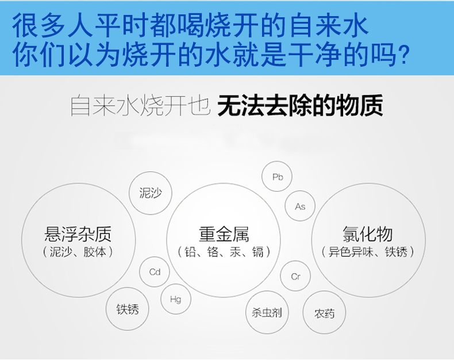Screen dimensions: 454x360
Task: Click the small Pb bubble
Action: pyautogui.click(x=277, y=176)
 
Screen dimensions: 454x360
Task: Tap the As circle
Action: pyautogui.click(x=299, y=206)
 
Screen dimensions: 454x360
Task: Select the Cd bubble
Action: pyautogui.click(x=155, y=272)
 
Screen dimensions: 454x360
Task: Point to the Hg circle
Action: pyautogui.click(x=176, y=299)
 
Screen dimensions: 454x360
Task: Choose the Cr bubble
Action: pyautogui.click(x=295, y=276)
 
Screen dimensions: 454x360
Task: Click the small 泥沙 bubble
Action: pyautogui.click(x=150, y=193)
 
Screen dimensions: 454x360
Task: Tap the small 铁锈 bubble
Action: pyautogui.click(x=127, y=309)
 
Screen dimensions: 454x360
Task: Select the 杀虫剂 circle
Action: pyautogui.click(x=267, y=312)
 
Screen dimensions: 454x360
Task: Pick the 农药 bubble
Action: pyautogui.click(x=324, y=312)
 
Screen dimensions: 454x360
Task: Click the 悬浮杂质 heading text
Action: pyautogui.click(x=78, y=234)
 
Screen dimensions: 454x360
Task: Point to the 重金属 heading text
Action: pyautogui.click(x=224, y=234)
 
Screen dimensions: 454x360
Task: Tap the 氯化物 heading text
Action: pyautogui.click(x=367, y=233)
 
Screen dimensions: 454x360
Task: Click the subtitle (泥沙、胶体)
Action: pyautogui.click(x=78, y=252)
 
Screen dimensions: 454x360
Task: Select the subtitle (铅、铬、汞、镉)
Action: pyautogui.click(x=224, y=252)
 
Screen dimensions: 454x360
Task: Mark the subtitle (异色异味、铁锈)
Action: pyautogui.click(x=368, y=251)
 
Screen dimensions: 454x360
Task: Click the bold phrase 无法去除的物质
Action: pyautogui.click(x=300, y=105)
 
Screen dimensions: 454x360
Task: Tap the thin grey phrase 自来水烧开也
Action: pyautogui.click(x=140, y=105)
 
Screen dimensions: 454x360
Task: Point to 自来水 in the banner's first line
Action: pyautogui.click(x=329, y=26)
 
